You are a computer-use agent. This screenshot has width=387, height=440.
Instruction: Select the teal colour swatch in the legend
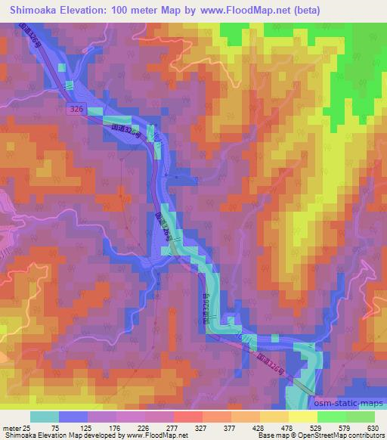click(45, 417)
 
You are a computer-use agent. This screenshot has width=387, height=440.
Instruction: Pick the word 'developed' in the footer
click(94, 435)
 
